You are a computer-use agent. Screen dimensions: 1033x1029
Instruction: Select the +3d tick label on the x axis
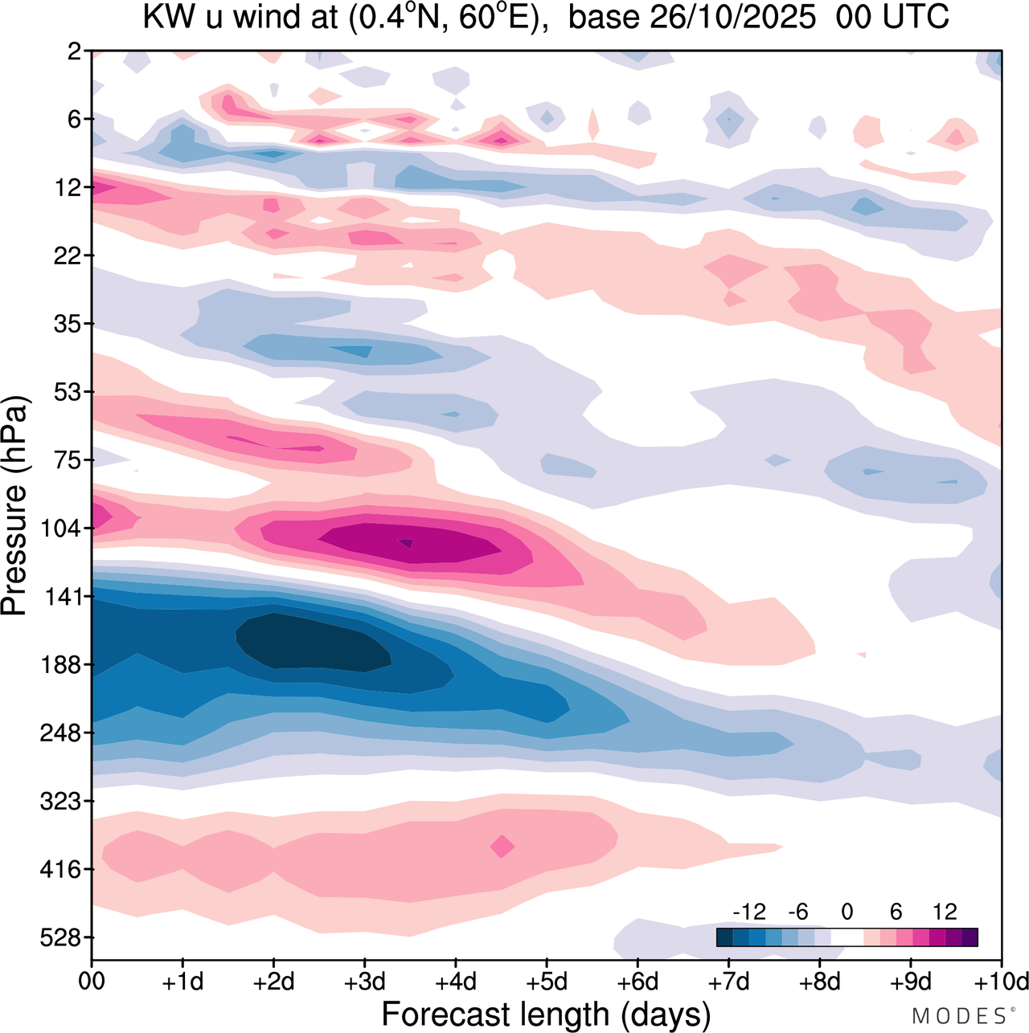click(364, 982)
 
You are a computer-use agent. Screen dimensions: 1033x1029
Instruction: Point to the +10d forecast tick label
click(1000, 982)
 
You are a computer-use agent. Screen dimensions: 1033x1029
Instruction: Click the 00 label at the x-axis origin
click(92, 982)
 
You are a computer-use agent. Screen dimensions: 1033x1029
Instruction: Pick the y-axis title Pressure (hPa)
click(14, 506)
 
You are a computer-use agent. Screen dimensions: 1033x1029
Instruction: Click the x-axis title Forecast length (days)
click(546, 1015)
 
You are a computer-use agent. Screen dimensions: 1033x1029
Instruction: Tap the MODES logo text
click(958, 1016)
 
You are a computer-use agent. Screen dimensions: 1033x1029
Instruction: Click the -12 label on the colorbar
click(749, 912)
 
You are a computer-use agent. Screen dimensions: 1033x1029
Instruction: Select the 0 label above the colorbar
click(847, 912)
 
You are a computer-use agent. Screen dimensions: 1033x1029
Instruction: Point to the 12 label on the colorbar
click(945, 912)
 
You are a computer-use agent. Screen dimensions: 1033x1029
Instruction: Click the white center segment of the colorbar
click(847, 937)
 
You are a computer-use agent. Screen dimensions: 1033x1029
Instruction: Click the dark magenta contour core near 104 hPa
click(410, 544)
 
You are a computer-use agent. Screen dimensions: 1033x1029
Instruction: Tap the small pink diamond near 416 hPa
click(502, 846)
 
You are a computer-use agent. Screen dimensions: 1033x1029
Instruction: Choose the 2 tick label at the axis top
click(75, 51)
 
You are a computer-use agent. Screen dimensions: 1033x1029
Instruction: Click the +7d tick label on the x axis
click(728, 982)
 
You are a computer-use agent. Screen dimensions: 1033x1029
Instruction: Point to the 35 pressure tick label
click(68, 324)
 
